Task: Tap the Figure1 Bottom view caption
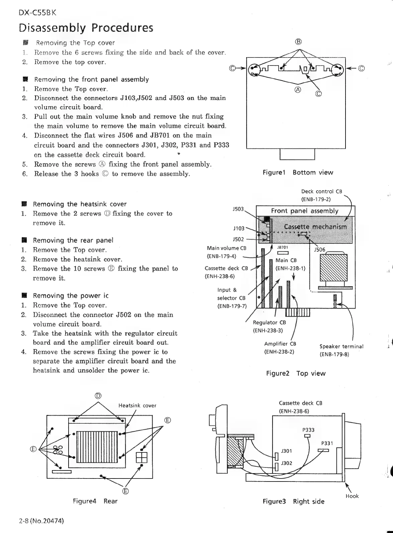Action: (x=298, y=173)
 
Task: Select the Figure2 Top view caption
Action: (x=296, y=373)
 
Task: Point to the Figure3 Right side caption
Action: (x=293, y=501)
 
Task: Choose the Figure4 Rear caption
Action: (x=95, y=501)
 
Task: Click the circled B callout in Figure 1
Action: (x=299, y=42)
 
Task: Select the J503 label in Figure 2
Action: (x=238, y=209)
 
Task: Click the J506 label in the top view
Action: (x=320, y=250)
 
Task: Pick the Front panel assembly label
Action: (x=305, y=211)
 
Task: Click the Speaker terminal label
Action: (x=341, y=346)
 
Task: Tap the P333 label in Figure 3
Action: (x=308, y=430)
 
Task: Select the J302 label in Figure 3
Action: (x=287, y=463)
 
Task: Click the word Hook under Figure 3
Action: (x=352, y=496)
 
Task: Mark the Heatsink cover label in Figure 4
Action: (x=137, y=406)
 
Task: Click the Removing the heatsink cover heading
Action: (x=80, y=204)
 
